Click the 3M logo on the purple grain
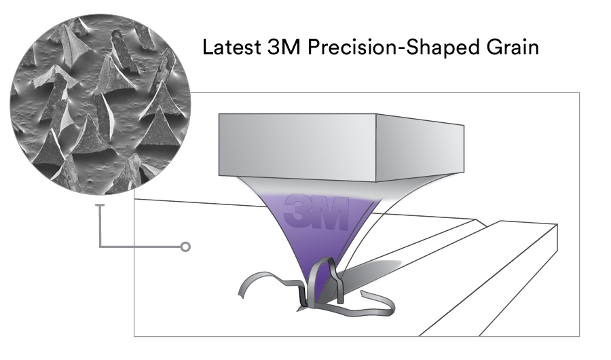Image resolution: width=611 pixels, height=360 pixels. (318, 213)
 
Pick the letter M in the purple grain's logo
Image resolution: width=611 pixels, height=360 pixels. (333, 213)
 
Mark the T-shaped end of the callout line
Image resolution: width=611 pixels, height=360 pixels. (100, 205)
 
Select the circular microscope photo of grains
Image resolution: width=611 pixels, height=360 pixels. (100, 103)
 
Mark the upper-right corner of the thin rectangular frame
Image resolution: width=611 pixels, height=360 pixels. (579, 93)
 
